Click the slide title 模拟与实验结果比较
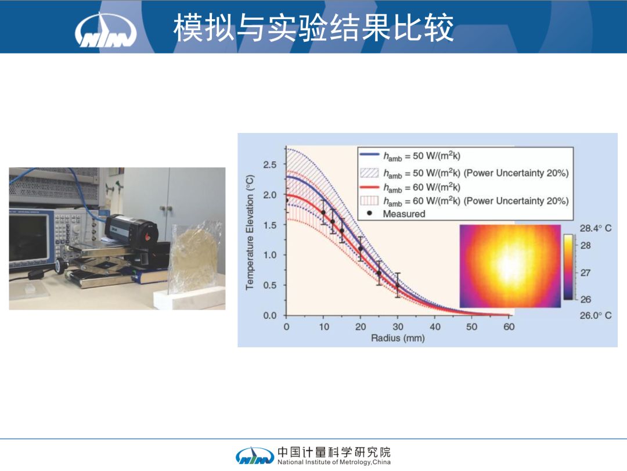click(313, 27)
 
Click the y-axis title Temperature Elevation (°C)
click(250, 232)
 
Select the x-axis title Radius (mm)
click(398, 338)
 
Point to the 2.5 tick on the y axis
click(269, 164)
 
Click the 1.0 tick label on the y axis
click(269, 255)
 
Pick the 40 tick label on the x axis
click(435, 326)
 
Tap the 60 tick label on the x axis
click(509, 326)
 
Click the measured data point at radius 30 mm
click(398, 286)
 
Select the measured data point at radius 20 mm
click(361, 249)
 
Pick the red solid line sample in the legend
click(369, 187)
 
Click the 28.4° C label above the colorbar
click(596, 228)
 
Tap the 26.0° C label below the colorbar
click(596, 315)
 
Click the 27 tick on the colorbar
click(585, 272)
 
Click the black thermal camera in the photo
click(131, 231)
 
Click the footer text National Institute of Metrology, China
click(334, 462)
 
